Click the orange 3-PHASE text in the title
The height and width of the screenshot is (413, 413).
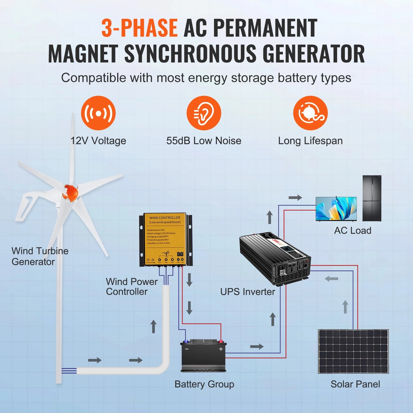click(139, 28)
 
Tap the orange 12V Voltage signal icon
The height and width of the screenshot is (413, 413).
click(98, 113)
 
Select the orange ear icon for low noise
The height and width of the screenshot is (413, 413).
click(204, 113)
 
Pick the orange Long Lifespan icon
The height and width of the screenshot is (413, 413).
click(310, 113)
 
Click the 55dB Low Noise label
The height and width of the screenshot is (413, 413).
click(204, 141)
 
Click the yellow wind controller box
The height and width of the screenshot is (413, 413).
click(165, 240)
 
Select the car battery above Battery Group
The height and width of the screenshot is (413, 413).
click(203, 355)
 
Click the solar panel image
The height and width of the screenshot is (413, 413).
click(353, 351)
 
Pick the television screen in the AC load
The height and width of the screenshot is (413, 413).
click(336, 209)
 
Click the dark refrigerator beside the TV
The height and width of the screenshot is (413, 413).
click(372, 198)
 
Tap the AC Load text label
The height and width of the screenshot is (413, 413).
click(353, 230)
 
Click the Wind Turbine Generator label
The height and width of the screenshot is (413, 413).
click(40, 256)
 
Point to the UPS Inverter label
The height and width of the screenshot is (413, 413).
click(248, 292)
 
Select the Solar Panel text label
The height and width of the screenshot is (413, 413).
click(355, 384)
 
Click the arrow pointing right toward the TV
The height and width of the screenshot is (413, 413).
click(295, 197)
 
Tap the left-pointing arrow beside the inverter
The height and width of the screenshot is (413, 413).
click(332, 278)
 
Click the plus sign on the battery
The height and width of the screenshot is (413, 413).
click(221, 349)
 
